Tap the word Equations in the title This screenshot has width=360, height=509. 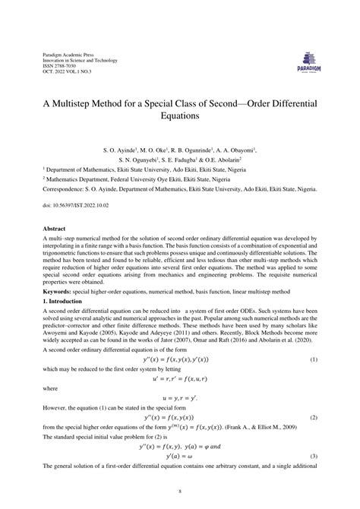(180, 117)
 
